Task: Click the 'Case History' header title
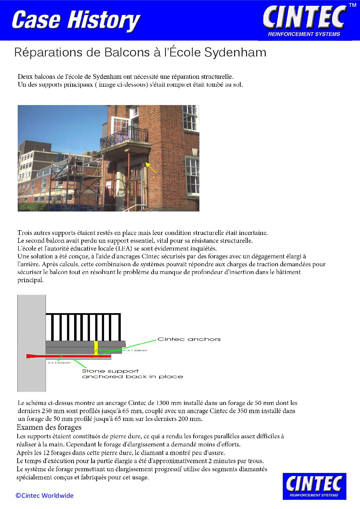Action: point(76,20)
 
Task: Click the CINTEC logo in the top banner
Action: point(305,17)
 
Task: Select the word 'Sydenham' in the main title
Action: point(235,52)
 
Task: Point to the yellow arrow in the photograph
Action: point(151,168)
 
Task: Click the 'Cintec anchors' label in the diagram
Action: point(189,339)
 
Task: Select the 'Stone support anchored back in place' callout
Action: point(132,374)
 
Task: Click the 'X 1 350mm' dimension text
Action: point(137,350)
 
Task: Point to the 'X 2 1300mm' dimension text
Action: point(59,363)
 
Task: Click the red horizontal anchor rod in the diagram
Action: point(68,356)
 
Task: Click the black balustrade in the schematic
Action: point(83,327)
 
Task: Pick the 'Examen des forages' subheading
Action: point(49,427)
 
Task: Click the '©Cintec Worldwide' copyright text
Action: point(45,495)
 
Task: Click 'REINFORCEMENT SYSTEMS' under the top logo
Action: point(304,34)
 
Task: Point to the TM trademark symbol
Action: point(352,5)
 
